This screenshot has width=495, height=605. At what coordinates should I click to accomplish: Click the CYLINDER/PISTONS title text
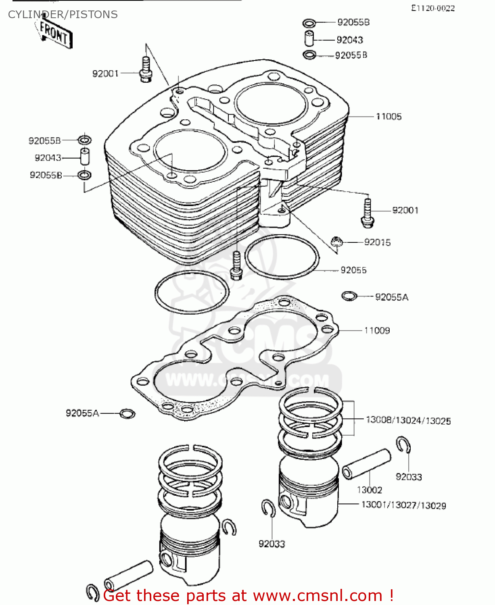pos(63,15)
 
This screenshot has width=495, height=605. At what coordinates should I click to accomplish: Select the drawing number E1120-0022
pos(432,8)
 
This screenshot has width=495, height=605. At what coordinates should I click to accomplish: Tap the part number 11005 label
pos(388,117)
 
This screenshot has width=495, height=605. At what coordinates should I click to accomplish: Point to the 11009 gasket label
pos(377,331)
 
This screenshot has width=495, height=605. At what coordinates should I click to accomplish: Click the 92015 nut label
pos(377,242)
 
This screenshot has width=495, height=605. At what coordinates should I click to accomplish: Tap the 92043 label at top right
pos(349,40)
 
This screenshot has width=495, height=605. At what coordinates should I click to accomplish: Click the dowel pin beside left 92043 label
pos(85,157)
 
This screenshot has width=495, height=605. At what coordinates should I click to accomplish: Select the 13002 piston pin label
pos(369,490)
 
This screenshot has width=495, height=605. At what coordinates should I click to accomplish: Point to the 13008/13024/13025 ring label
pos(408,421)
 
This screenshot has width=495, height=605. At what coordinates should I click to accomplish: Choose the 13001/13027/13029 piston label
pos(403,505)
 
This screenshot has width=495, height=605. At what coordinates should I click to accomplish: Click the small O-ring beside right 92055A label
pos(349,296)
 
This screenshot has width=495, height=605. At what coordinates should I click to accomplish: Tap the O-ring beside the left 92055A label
pos(127,413)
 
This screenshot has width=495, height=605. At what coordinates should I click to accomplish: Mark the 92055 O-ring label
pos(353,270)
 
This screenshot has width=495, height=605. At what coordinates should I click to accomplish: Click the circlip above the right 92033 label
pos(403,445)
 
